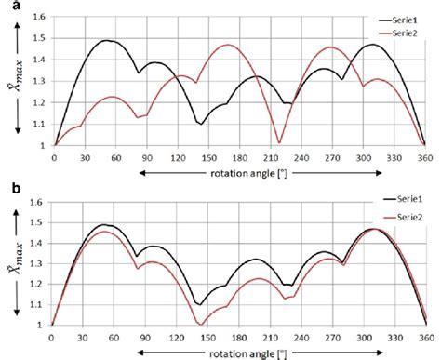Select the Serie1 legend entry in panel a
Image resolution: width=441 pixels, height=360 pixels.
(380, 19)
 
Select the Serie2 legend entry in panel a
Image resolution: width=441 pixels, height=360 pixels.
(380, 33)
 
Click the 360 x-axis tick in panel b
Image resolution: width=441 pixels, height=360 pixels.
(425, 337)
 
